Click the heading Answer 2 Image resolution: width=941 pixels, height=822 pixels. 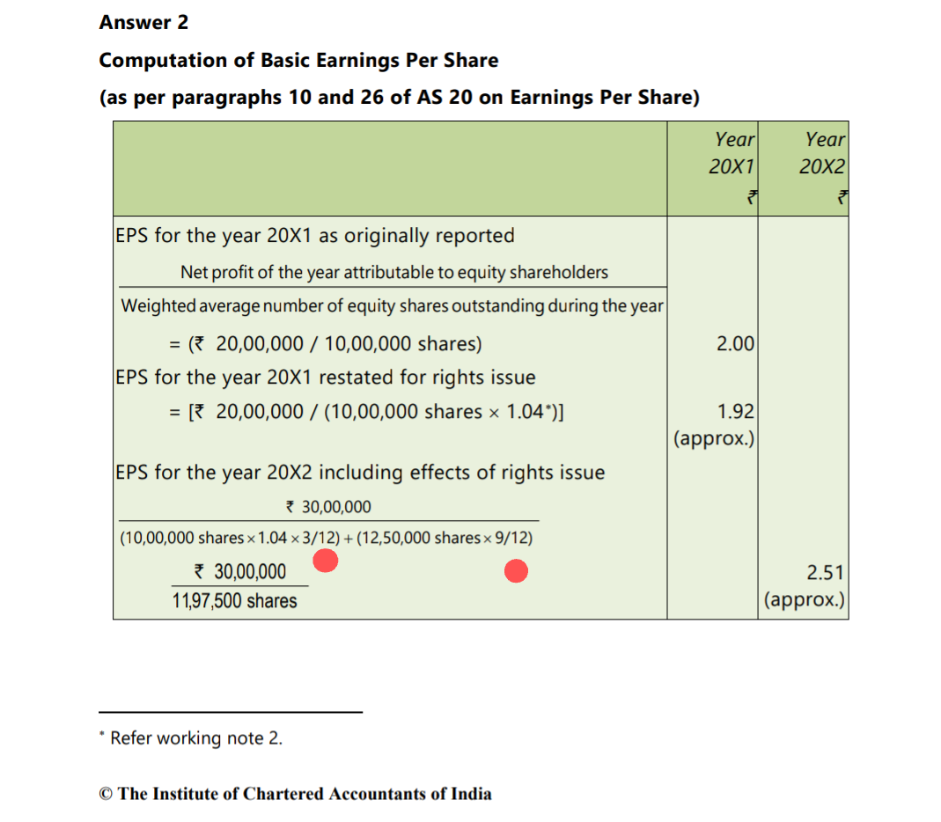point(143,23)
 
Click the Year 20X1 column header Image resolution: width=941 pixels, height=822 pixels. point(734,152)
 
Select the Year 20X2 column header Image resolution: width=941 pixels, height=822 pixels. point(824,152)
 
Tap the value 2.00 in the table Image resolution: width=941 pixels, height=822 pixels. point(735,344)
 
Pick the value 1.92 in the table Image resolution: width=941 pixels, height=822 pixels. point(735,412)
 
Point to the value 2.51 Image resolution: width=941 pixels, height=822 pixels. point(826,574)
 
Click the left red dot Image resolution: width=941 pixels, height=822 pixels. point(326,560)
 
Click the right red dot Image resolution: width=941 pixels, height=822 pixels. point(516,572)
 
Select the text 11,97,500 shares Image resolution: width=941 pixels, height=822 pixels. point(235,602)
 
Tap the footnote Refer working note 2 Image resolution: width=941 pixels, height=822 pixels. point(195,738)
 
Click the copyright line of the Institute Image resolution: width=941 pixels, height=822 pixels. point(296,794)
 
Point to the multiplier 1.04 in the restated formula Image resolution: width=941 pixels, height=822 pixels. point(530,412)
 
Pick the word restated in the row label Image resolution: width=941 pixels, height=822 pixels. point(354,378)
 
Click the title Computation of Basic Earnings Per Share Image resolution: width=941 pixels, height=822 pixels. point(298,61)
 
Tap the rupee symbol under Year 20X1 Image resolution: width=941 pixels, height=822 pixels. point(751,198)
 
